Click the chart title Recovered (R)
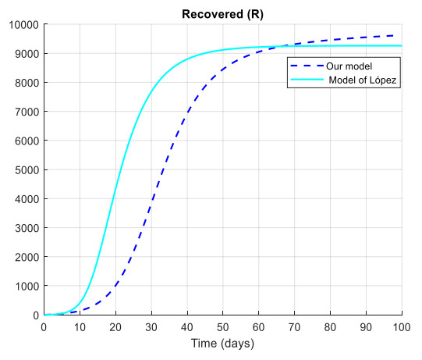click(x=222, y=13)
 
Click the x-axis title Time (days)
click(x=222, y=344)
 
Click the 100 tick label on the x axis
click(x=402, y=326)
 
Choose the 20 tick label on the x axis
click(x=115, y=326)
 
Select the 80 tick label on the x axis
click(x=330, y=326)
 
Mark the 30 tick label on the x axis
click(x=151, y=326)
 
